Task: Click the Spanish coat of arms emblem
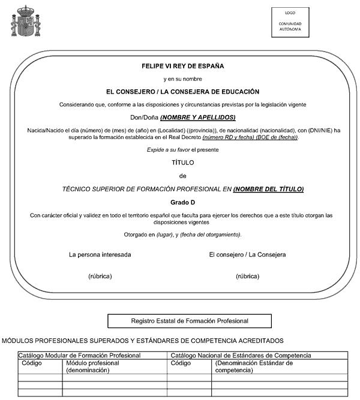pos(26,22)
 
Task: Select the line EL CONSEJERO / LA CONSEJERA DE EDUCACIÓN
pos(182,92)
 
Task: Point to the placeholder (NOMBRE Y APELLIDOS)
pos(198,118)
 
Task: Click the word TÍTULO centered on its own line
pos(182,163)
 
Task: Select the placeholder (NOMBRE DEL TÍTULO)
pos(268,189)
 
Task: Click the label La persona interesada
pos(100,254)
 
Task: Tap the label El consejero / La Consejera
pos(247,254)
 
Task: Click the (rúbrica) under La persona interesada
pos(100,276)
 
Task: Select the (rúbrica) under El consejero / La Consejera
pos(247,276)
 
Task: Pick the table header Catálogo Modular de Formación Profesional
pos(80,356)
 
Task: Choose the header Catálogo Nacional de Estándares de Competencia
pos(241,356)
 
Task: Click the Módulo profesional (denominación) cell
pos(93,366)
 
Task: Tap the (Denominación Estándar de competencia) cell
pos(254,366)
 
